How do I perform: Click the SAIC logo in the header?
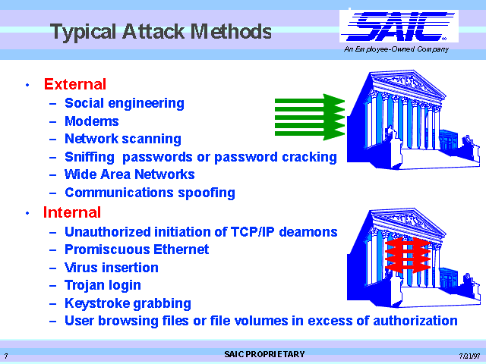[x=399, y=27]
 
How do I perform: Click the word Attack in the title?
[x=153, y=32]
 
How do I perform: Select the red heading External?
[x=75, y=84]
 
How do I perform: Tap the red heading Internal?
[x=72, y=212]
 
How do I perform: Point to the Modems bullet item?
[x=92, y=121]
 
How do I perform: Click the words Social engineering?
[x=125, y=103]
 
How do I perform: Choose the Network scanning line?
[x=123, y=139]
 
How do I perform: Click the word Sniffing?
[x=90, y=157]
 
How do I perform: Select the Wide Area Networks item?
[x=130, y=174]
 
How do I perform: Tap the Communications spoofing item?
[x=150, y=193]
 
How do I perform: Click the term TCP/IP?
[x=252, y=232]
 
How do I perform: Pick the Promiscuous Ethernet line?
[x=137, y=249]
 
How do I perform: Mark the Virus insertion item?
[x=112, y=268]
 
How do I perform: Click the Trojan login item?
[x=103, y=285]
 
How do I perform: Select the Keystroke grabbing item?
[x=128, y=303]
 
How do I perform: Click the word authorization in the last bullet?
[x=415, y=321]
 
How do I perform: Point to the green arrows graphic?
[x=310, y=117]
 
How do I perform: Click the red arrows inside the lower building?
[x=407, y=255]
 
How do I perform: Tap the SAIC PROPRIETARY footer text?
[x=264, y=354]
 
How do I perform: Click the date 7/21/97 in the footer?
[x=469, y=356]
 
